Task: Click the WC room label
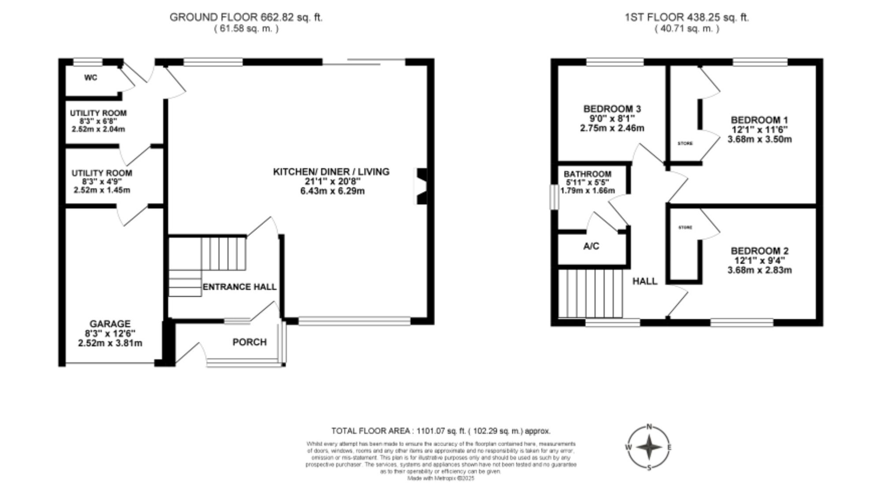pyautogui.click(x=91, y=78)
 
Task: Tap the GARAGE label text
pyautogui.click(x=110, y=324)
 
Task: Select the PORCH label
pyautogui.click(x=249, y=342)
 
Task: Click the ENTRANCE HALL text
pyautogui.click(x=240, y=287)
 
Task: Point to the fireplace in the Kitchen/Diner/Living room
pyautogui.click(x=421, y=186)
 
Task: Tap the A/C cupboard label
pyautogui.click(x=591, y=246)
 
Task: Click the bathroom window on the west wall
pyautogui.click(x=554, y=197)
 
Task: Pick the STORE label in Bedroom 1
pyautogui.click(x=685, y=144)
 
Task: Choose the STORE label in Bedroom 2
pyautogui.click(x=685, y=228)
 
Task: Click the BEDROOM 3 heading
pyautogui.click(x=612, y=109)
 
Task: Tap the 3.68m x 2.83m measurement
pyautogui.click(x=759, y=270)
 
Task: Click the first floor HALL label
pyautogui.click(x=645, y=281)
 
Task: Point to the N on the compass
pyautogui.click(x=649, y=427)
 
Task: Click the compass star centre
pyautogui.click(x=649, y=447)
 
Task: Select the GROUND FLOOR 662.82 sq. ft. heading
pyautogui.click(x=246, y=18)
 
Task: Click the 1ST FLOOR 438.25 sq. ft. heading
pyautogui.click(x=687, y=18)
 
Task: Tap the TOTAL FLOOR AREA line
pyautogui.click(x=440, y=431)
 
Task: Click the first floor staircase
pyautogui.click(x=590, y=293)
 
